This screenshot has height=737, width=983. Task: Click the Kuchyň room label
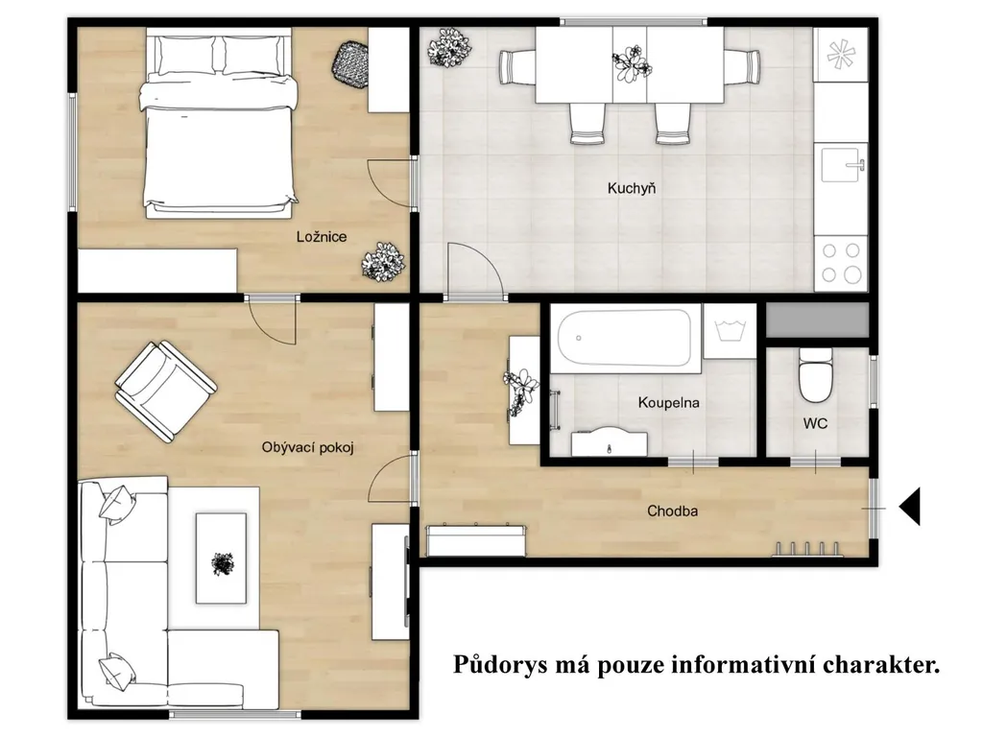coord(632,188)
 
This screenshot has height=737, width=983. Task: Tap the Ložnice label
coord(322,237)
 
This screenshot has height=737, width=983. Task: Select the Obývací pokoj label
coord(308,447)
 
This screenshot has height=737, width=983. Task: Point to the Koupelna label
coord(668,402)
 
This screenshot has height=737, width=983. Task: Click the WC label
coord(815,423)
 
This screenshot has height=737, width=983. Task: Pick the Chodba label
coord(672,511)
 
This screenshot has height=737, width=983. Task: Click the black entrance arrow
coord(910,506)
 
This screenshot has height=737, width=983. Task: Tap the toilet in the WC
coord(815,375)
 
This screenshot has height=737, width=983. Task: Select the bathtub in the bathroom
coord(624,338)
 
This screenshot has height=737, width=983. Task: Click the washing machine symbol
coord(730,331)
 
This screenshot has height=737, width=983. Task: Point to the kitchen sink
coord(841,163)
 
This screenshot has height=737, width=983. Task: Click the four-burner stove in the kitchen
coord(841,263)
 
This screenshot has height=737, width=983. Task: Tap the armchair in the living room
coord(165,392)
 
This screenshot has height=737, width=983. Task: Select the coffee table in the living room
coord(221,558)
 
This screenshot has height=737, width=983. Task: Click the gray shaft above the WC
coord(817,321)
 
